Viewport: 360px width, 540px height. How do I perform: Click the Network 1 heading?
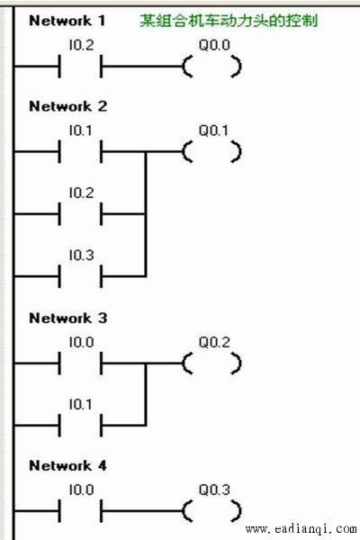click(x=67, y=21)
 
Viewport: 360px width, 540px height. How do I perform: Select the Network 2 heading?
click(x=67, y=106)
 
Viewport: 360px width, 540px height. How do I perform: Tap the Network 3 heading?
click(x=67, y=318)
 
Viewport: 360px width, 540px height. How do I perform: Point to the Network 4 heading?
click(x=67, y=465)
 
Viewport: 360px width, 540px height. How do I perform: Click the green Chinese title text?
click(x=229, y=21)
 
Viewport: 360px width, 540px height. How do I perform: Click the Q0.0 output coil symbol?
click(x=211, y=67)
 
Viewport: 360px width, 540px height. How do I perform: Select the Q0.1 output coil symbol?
click(x=211, y=151)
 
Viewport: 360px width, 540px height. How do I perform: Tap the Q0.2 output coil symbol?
click(x=211, y=364)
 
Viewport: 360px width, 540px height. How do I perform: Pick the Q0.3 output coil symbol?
click(x=211, y=511)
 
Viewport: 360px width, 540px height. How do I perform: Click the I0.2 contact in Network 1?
click(x=81, y=67)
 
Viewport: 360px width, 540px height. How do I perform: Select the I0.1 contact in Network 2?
click(x=81, y=151)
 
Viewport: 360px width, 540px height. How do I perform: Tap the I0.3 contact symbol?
click(x=81, y=276)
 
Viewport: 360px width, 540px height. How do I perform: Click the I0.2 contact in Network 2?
click(x=81, y=214)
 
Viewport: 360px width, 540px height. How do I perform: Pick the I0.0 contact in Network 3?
click(x=81, y=364)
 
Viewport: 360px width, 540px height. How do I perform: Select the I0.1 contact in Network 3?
click(x=81, y=426)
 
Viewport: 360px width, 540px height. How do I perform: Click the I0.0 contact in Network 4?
click(x=81, y=511)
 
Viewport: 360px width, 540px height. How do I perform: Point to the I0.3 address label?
click(x=81, y=256)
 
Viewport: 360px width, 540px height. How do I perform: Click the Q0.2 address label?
click(x=214, y=342)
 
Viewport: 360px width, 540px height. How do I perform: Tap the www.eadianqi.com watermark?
click(x=301, y=528)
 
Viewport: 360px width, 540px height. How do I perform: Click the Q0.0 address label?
click(x=214, y=45)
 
